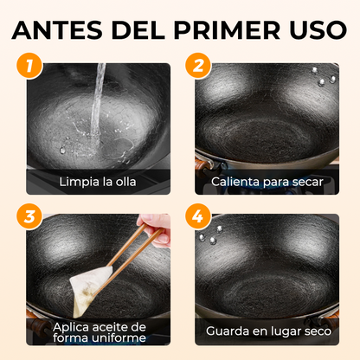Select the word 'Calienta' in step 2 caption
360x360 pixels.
(x=236, y=182)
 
